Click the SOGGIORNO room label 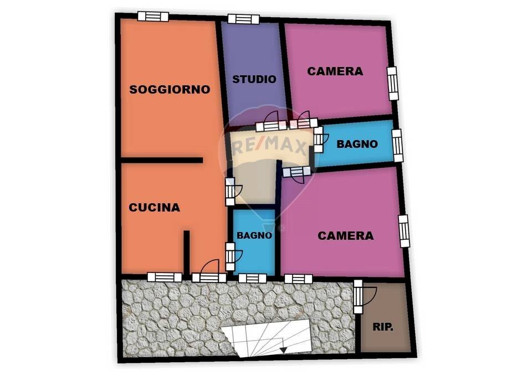(170, 89)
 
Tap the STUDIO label (254, 79)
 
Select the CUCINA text (155, 208)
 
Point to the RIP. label (382, 327)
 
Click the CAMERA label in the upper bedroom (335, 71)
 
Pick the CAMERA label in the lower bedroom (345, 235)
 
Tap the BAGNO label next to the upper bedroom (357, 144)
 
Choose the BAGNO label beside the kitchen (254, 235)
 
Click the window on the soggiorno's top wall (153, 16)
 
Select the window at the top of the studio (243, 19)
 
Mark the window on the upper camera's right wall (392, 83)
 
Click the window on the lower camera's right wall (403, 231)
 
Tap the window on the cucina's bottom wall (165, 277)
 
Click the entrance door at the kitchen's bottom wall (209, 272)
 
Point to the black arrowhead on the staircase (284, 350)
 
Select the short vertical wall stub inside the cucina (187, 252)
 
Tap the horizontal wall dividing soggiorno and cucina (161, 160)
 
